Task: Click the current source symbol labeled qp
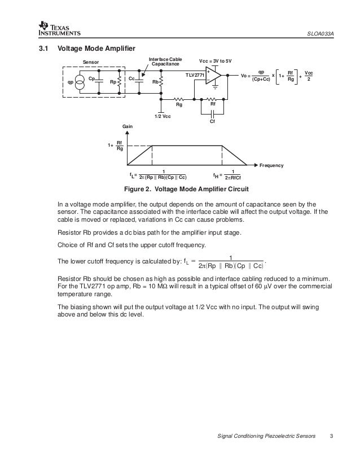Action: (x=80, y=81)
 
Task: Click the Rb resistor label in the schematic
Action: (x=155, y=81)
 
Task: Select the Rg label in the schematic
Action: (x=179, y=104)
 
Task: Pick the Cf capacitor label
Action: (x=212, y=121)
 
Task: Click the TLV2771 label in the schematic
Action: (x=194, y=74)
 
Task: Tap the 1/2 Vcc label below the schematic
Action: (x=162, y=116)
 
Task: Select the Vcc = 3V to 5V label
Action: (x=216, y=60)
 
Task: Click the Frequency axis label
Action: (x=270, y=165)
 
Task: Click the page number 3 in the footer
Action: (x=333, y=437)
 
